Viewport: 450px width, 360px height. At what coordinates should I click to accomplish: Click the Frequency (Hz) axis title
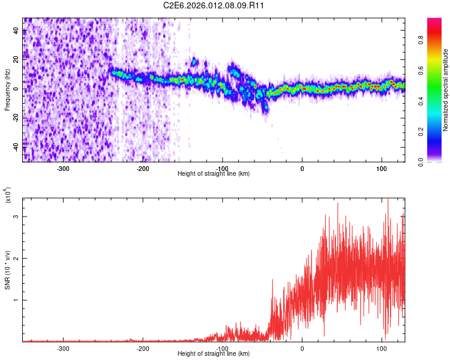[x=8, y=89]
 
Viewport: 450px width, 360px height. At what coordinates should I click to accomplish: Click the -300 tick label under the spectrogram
[x=64, y=168]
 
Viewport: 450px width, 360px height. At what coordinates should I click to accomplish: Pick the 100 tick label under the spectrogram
[x=382, y=168]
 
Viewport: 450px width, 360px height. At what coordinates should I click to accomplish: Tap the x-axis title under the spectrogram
[x=214, y=174]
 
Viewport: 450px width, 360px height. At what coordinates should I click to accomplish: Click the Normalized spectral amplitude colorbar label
[x=446, y=90]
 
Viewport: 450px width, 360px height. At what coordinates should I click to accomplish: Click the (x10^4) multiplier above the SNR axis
[x=8, y=196]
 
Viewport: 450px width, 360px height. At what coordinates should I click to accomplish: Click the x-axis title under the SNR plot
[x=214, y=354]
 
